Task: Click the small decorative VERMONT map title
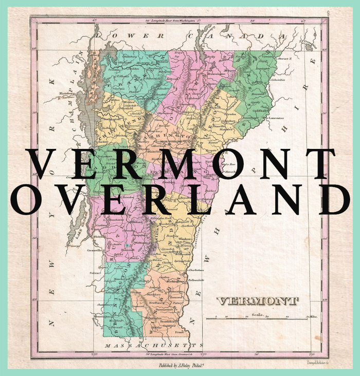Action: click(x=257, y=301)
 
